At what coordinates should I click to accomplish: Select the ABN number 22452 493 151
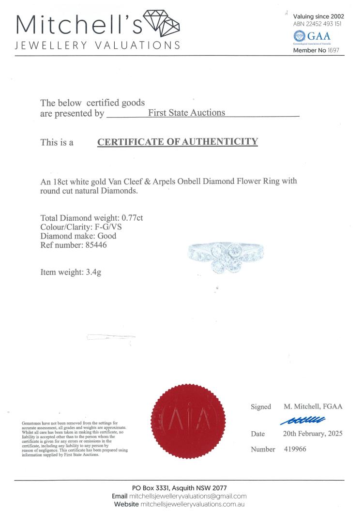(318, 24)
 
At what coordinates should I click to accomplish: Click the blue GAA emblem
(299, 36)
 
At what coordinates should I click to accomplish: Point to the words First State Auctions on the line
(186, 113)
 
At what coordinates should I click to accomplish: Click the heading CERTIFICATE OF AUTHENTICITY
(178, 142)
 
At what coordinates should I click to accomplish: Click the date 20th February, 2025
(313, 434)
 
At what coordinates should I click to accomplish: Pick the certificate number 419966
(294, 449)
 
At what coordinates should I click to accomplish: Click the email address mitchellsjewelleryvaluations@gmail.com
(188, 496)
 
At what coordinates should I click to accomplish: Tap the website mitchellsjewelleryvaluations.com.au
(192, 504)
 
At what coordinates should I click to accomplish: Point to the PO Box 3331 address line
(179, 488)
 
